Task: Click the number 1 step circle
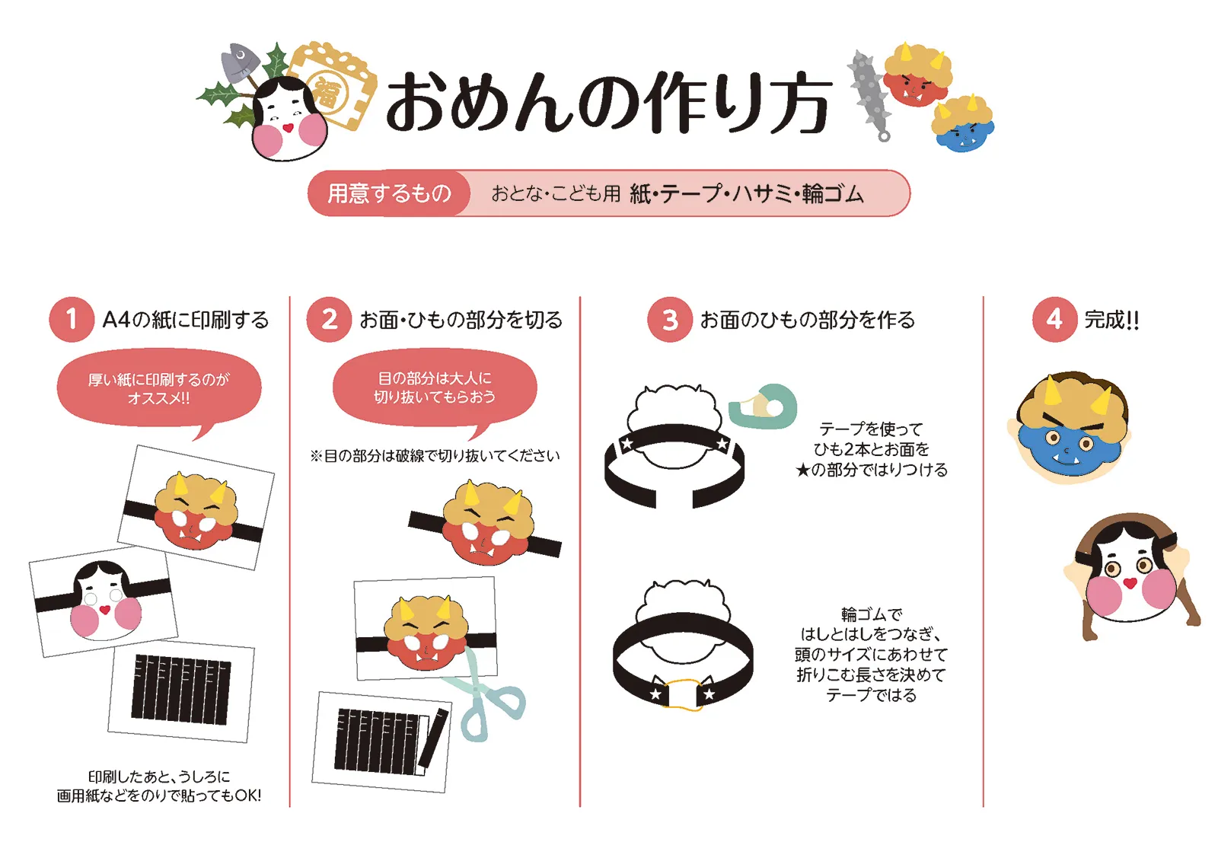(71, 319)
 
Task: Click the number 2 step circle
(329, 319)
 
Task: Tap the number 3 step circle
(669, 320)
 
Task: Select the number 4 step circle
(1054, 319)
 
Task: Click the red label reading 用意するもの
(390, 193)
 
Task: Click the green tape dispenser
(764, 407)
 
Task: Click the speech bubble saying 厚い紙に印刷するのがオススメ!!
(158, 389)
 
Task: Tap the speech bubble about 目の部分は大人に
(434, 387)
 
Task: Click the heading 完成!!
(1111, 320)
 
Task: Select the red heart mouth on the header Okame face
(288, 127)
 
